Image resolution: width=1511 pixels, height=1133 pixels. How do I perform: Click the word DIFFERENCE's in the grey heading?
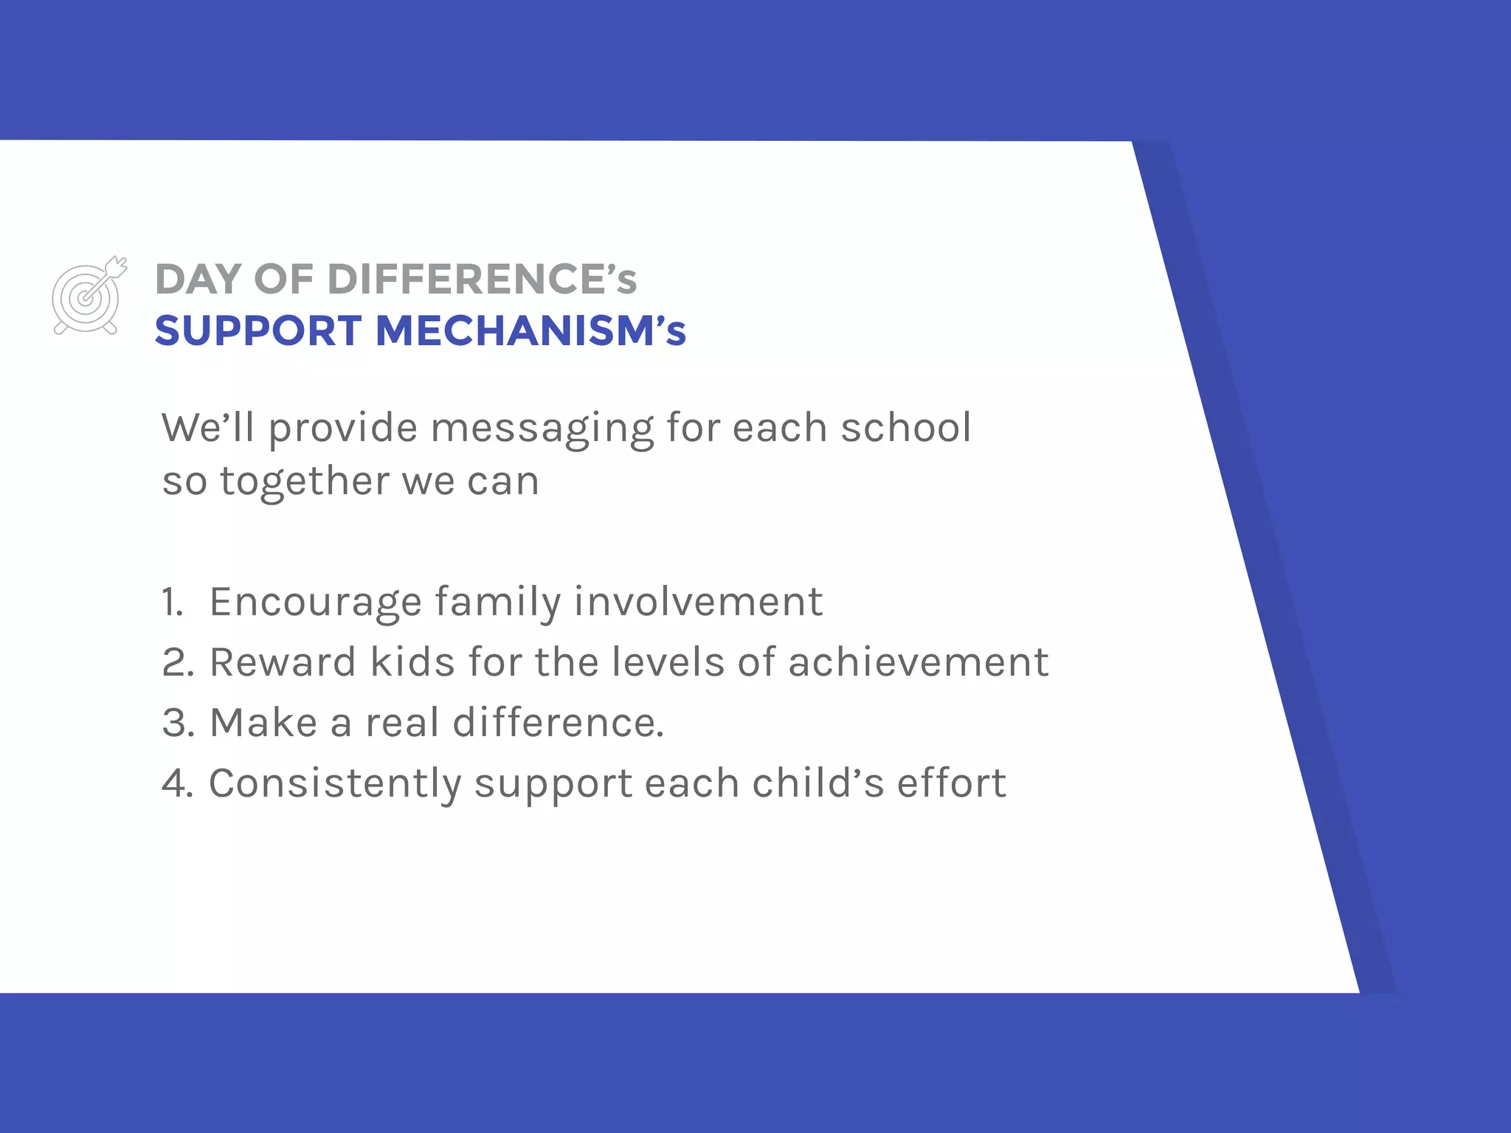pos(482,280)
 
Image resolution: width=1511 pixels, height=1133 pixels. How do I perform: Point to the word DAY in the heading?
pos(198,280)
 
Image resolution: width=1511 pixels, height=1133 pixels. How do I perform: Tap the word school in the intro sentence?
pos(906,428)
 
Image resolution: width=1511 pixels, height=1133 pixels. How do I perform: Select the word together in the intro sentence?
pos(304,482)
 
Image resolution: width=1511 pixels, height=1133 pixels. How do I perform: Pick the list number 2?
pos(178,662)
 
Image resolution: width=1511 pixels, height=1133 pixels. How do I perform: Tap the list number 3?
pos(178,723)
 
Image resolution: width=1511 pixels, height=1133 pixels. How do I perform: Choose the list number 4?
pos(178,783)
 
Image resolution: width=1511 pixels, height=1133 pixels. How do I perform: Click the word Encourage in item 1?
pos(316,603)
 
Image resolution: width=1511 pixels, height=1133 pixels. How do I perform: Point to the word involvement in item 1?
pos(698,602)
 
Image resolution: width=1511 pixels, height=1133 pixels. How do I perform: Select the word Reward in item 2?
pos(283,662)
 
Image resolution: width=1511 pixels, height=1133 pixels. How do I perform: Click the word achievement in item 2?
pos(919,662)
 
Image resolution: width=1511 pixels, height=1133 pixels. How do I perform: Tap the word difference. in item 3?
pos(559,723)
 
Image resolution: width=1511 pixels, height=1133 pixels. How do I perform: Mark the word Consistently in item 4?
pos(335,784)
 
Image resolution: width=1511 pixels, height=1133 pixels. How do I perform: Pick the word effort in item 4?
pos(952,783)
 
